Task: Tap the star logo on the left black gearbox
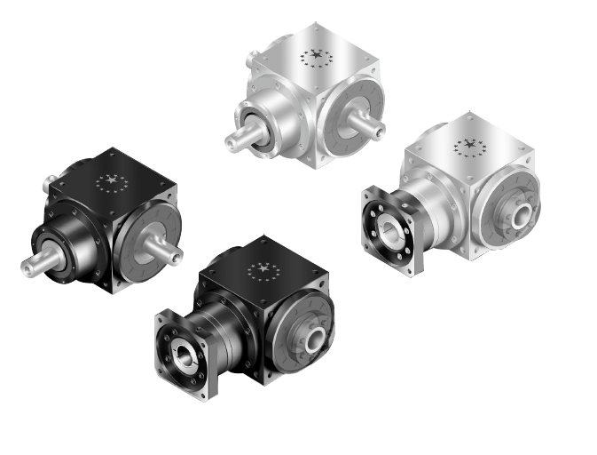pyautogui.click(x=111, y=183)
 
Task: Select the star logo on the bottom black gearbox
pyautogui.click(x=262, y=269)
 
